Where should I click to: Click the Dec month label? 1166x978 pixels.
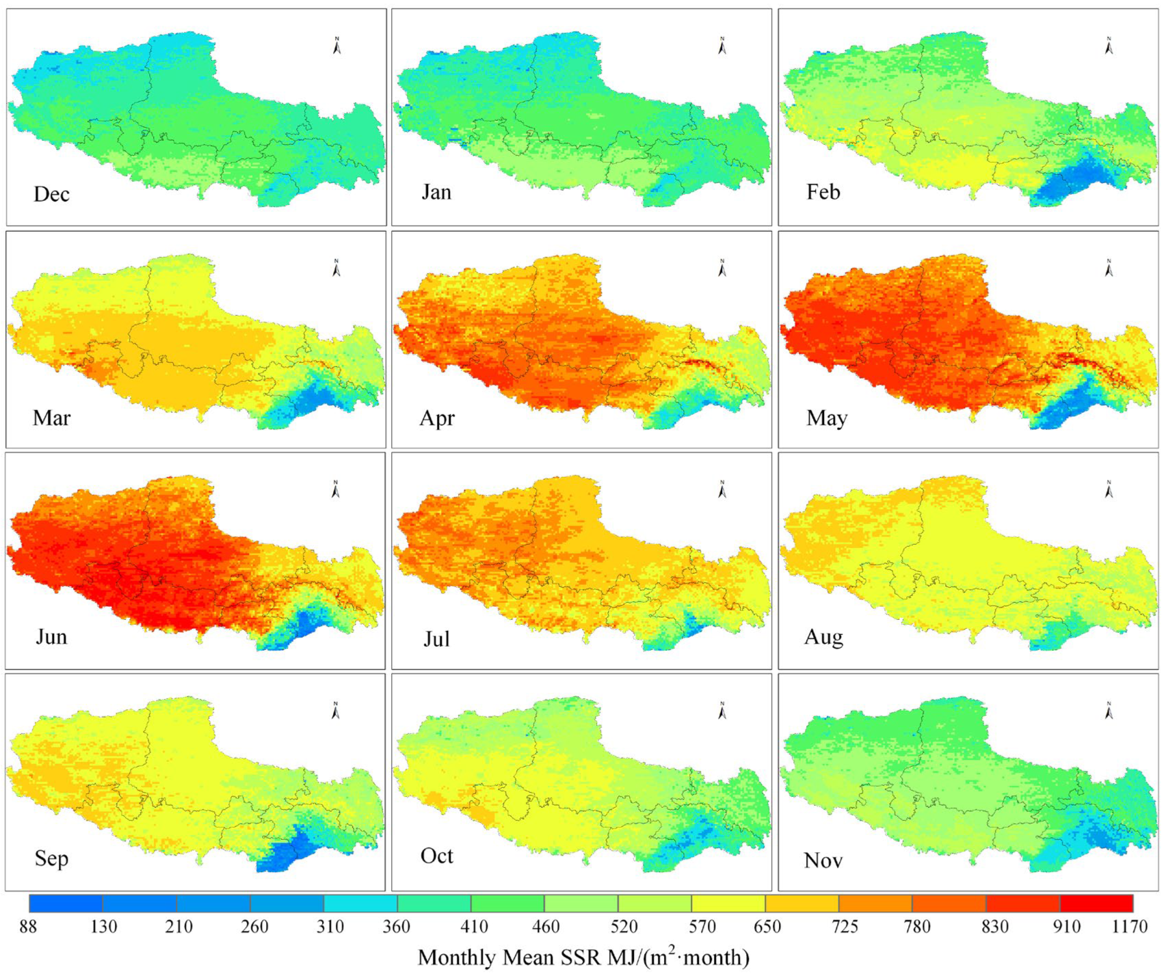click(51, 194)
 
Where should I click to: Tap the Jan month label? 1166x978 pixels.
click(436, 192)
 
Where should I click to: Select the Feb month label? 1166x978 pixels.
click(823, 192)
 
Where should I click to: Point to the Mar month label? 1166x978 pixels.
click(51, 418)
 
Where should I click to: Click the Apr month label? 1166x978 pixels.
click(437, 418)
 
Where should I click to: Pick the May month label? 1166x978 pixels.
click(826, 418)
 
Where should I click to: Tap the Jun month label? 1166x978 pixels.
click(51, 637)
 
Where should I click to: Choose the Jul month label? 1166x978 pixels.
click(436, 639)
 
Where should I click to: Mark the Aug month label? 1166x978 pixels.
click(823, 637)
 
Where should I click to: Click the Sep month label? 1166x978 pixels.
click(51, 858)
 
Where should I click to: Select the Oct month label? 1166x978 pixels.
click(436, 856)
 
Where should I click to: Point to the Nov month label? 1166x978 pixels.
click(823, 860)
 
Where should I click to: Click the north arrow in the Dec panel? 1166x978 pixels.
click(336, 46)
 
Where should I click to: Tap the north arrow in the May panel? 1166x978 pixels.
click(1109, 268)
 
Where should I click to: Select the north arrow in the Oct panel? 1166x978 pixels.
click(722, 711)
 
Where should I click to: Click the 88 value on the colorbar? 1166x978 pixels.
click(28, 927)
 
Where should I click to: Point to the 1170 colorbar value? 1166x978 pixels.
click(1129, 927)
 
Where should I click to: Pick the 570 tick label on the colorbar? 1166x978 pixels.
click(702, 927)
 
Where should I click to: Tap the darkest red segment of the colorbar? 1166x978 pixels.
click(1096, 904)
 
